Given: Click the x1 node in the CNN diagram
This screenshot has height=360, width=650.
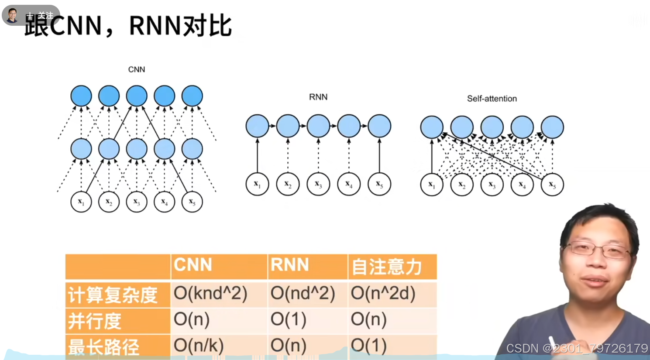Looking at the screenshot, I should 81,202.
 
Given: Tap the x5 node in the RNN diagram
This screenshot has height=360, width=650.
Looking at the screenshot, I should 379,184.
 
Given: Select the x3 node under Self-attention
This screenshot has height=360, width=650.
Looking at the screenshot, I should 492,185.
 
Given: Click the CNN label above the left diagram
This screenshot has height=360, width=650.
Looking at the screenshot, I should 137,69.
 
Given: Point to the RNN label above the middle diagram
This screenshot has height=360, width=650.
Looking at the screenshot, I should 318,97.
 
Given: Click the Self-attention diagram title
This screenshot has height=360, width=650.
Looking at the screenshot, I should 492,99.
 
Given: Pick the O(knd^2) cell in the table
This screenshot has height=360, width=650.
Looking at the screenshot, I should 211,294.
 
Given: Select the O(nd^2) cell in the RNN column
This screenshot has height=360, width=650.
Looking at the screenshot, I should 303,294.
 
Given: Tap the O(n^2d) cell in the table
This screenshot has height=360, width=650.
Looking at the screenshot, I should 383,294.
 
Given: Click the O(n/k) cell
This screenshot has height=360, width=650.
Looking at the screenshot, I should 199,346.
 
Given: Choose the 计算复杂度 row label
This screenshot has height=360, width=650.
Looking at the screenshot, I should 113,295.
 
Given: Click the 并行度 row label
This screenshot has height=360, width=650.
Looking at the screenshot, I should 95,321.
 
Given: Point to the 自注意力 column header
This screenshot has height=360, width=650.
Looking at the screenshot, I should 387,267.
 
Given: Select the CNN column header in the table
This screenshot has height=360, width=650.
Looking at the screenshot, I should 193,265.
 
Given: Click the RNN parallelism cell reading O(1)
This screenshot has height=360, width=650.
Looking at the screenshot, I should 289,319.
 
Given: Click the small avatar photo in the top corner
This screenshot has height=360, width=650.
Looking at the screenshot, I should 13,15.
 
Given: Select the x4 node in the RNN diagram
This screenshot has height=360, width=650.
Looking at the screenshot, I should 349,184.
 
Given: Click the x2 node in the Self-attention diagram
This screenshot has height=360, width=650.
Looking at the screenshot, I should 462,185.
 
